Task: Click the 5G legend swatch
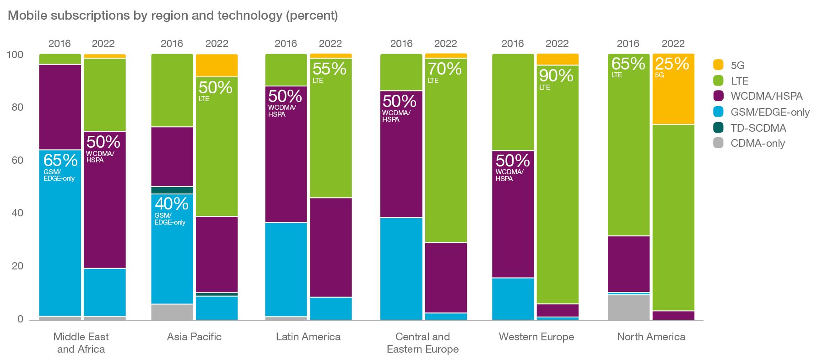(718, 65)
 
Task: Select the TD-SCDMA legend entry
(758, 128)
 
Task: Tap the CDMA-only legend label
(757, 144)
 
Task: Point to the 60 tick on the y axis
(17, 160)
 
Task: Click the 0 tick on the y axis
(20, 319)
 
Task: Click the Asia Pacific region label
(194, 337)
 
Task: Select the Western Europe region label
(536, 337)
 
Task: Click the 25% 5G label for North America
(671, 66)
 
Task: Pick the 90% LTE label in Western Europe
(556, 78)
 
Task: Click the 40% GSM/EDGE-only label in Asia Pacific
(171, 209)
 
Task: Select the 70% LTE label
(444, 72)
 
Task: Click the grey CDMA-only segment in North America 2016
(628, 307)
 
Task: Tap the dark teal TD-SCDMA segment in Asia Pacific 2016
(172, 190)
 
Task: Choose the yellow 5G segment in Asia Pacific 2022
(216, 65)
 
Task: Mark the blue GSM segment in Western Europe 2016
(513, 299)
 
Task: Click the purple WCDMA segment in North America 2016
(628, 263)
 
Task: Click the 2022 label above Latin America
(330, 44)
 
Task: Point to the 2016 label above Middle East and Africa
(60, 44)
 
